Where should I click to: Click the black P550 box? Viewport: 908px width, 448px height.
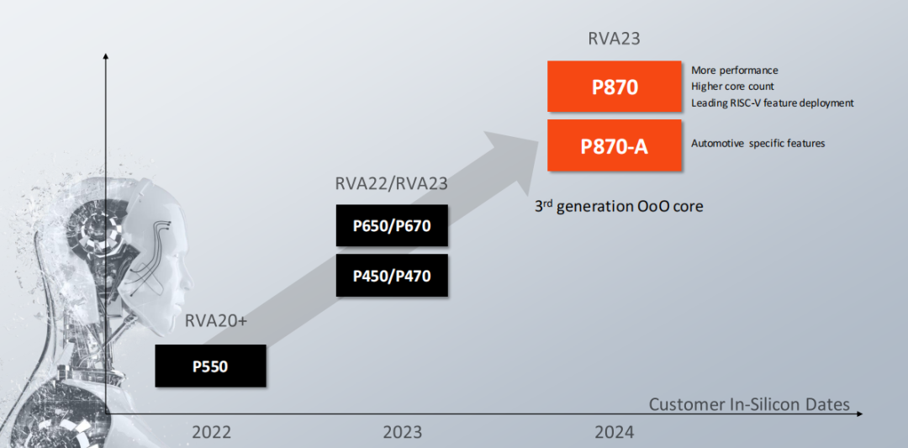(210, 366)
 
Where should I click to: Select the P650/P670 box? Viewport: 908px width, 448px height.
(391, 225)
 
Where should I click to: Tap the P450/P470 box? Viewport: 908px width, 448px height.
(391, 275)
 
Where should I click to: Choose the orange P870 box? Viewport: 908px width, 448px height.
(614, 86)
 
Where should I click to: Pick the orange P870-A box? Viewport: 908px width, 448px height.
(614, 145)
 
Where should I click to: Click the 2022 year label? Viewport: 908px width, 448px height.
(211, 433)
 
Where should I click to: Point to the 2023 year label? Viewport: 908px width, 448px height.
(403, 433)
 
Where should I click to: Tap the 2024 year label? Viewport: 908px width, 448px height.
(615, 433)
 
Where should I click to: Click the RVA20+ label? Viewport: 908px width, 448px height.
(216, 322)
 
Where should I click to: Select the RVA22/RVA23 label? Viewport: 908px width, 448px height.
(391, 184)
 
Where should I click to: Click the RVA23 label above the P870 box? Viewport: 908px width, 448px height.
(615, 39)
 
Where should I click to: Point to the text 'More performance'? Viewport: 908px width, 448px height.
(735, 71)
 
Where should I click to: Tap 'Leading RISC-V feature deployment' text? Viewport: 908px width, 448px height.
(773, 103)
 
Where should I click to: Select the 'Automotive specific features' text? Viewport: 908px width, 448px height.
(758, 144)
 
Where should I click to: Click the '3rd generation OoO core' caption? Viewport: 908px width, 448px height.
(619, 205)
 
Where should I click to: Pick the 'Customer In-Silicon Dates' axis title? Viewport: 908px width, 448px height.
(749, 405)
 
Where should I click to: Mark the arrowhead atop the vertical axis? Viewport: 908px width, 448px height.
(106, 56)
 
